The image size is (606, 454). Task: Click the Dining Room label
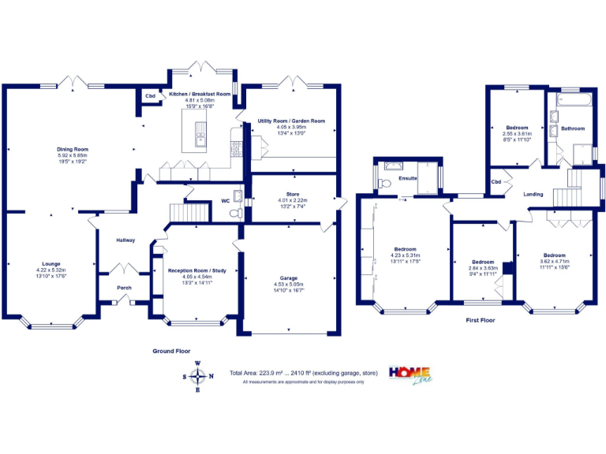72,149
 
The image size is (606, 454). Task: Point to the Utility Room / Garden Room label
291,121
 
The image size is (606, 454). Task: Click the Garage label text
289,277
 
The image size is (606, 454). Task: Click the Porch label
125,287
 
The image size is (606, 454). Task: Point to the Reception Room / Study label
197,271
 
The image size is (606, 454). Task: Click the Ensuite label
408,179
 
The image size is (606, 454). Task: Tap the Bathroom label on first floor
573,128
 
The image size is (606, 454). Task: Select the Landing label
533,193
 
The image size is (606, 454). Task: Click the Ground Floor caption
171,351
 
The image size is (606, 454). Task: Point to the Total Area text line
303,373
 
